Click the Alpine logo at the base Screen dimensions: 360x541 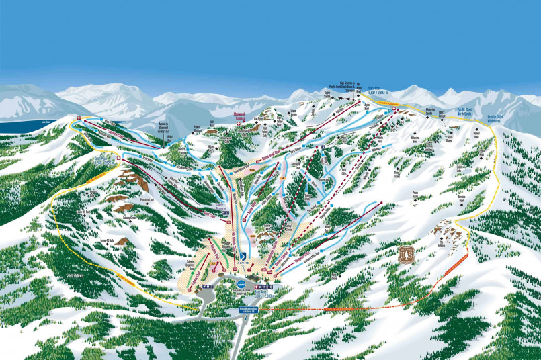(244, 257)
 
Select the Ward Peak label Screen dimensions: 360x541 (375, 87)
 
